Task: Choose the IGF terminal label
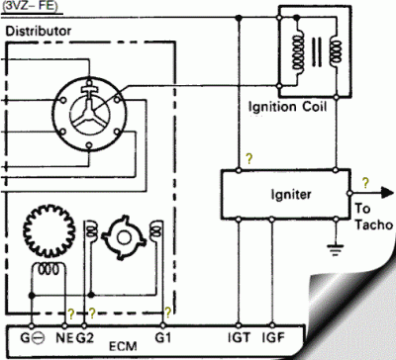[x=274, y=339]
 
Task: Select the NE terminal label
[x=66, y=339]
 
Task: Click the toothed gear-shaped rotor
[x=49, y=233]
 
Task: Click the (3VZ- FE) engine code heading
[x=30, y=6]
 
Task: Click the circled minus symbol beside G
[x=39, y=339]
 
